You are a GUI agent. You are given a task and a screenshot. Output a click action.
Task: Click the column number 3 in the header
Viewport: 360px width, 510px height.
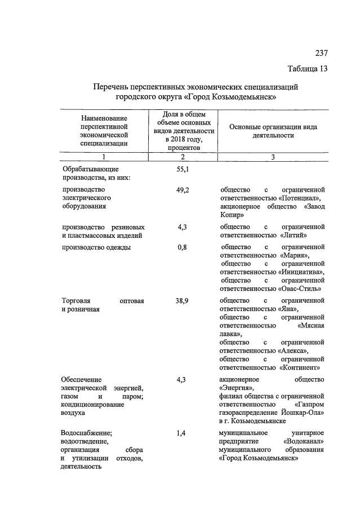click(x=273, y=157)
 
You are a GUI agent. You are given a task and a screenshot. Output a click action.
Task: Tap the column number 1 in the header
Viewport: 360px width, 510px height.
click(x=104, y=157)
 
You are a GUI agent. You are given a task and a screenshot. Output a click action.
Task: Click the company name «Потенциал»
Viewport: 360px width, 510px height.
click(x=300, y=198)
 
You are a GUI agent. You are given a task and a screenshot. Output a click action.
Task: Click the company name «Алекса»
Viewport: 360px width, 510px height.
click(x=293, y=351)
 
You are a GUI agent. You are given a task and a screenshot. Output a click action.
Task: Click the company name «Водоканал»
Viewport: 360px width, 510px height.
click(x=304, y=442)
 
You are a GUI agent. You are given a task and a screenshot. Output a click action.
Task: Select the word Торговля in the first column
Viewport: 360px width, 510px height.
click(x=77, y=301)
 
